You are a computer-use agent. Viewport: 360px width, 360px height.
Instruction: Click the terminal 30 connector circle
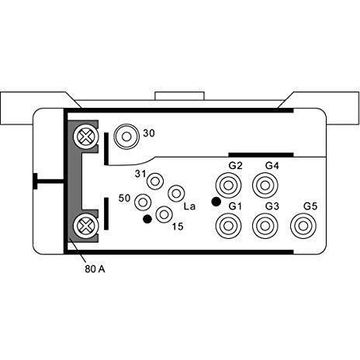click(x=124, y=138)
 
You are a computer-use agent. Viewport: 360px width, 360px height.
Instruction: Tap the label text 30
click(x=149, y=133)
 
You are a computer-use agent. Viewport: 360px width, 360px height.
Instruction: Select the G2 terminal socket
click(x=228, y=186)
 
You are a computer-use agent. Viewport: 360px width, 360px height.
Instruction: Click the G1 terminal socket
click(x=228, y=226)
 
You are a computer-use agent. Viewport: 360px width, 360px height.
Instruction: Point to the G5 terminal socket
click(x=304, y=226)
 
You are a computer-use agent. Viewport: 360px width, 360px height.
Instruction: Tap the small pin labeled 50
click(x=143, y=202)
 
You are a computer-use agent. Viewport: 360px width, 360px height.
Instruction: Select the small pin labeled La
click(x=176, y=193)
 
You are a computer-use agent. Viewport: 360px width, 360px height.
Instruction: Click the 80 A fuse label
click(x=95, y=270)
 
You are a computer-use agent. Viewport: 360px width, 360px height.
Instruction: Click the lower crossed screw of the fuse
click(x=84, y=227)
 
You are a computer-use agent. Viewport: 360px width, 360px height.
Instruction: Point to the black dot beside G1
click(x=215, y=202)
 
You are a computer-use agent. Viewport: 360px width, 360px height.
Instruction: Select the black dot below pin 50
click(x=147, y=220)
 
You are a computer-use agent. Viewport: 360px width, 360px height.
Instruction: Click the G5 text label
click(x=310, y=206)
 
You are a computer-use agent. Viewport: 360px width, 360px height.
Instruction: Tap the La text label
click(x=189, y=206)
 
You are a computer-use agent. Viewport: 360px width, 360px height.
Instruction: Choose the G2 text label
click(x=235, y=166)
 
